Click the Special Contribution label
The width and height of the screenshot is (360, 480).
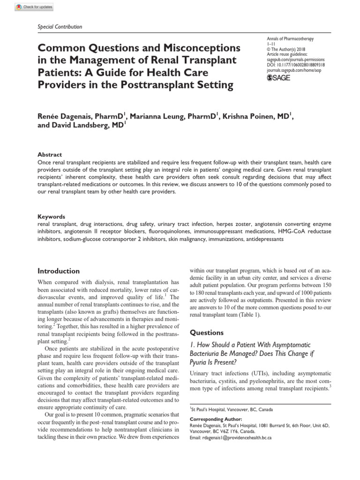[60, 27]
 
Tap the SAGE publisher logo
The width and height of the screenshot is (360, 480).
[278, 78]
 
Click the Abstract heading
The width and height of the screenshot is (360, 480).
[49, 154]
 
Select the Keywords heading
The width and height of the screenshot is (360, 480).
[51, 217]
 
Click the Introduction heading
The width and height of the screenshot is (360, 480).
[59, 271]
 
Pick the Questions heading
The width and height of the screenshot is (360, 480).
[207, 332]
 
